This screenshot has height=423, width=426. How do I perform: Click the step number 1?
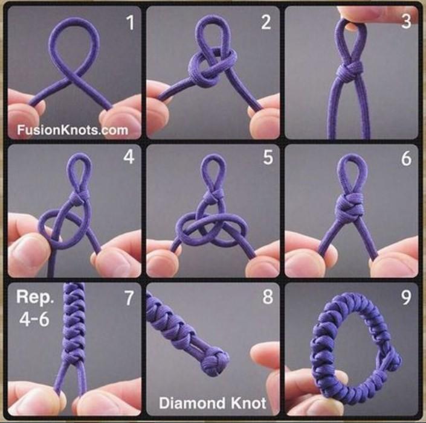(131, 23)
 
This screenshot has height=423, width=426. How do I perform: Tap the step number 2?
(266, 22)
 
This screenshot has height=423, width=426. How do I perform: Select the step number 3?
(406, 22)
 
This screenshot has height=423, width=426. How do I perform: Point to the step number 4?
(129, 157)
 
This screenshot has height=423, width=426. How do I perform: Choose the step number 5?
(268, 157)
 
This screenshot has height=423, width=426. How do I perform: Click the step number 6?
(407, 158)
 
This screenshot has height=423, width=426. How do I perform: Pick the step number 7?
(129, 298)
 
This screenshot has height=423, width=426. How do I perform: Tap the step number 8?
(268, 296)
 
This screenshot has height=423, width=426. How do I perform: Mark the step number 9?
(406, 297)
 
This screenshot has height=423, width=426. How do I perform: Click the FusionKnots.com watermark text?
(73, 130)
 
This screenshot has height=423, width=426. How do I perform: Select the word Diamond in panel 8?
(192, 403)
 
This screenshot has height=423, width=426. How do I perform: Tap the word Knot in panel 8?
(248, 403)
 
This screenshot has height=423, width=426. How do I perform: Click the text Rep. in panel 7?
(35, 297)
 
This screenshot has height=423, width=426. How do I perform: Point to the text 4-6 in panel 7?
(34, 319)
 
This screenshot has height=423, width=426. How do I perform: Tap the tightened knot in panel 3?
(349, 69)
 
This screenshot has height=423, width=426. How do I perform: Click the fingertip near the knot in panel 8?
(265, 355)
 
